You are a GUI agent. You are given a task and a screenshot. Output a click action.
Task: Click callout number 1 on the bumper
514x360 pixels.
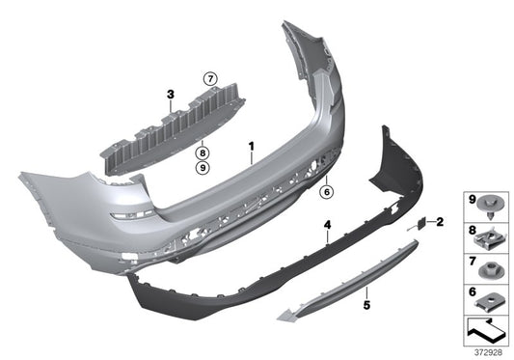coord(251,148)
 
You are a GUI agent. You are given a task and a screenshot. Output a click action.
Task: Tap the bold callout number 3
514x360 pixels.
coord(170,95)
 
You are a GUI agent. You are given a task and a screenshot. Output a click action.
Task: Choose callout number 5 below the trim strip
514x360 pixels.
coord(366,305)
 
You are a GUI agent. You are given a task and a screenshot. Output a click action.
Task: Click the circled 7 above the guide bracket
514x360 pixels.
coord(206,77)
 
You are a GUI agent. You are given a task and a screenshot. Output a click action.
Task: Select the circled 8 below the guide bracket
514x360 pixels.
coord(203,152)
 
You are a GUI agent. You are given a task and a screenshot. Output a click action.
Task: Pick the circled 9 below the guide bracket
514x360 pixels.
coord(203,167)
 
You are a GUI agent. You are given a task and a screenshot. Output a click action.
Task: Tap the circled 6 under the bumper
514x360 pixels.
coord(326,191)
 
